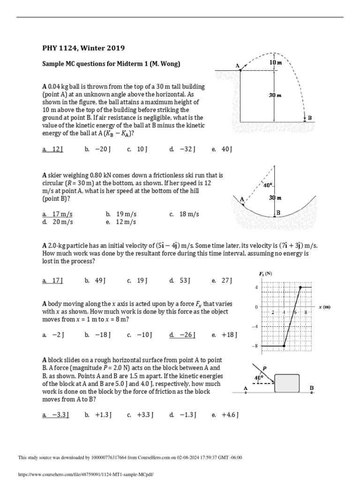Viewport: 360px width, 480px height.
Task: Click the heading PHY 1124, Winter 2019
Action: tap(83, 48)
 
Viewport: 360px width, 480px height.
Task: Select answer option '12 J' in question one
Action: tap(52, 149)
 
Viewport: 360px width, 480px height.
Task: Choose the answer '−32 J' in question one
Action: tap(182, 149)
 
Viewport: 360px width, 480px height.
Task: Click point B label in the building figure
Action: tap(309, 118)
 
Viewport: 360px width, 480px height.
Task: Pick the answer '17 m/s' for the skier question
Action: tap(57, 214)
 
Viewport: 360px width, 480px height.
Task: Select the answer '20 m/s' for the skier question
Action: tap(57, 222)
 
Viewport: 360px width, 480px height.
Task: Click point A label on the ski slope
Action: tap(242, 199)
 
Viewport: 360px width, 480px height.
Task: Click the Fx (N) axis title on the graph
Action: tap(265, 273)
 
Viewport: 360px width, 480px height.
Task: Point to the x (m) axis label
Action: tap(324, 307)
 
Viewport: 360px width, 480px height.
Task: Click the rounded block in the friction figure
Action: tap(287, 383)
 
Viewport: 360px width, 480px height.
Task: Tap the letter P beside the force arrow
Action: tap(265, 368)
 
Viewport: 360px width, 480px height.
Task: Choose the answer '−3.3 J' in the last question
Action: tap(55, 414)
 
